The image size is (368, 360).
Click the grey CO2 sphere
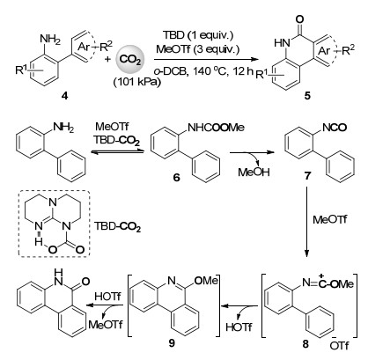coord(129,60)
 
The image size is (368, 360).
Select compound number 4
coord(65,95)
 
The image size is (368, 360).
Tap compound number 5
coord(307,95)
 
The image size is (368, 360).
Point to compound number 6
coord(176,178)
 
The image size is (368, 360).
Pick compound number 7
coord(307,176)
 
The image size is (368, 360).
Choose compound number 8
coord(305,343)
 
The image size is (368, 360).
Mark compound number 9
coord(172,342)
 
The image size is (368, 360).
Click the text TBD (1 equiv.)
coord(198,35)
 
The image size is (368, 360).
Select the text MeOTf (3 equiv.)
coord(198,48)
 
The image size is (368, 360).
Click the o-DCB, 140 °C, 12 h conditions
coord(203,71)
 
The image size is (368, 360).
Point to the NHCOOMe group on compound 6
coord(216,128)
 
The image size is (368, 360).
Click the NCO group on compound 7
coord(335,128)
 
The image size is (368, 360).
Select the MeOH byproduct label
coord(254,172)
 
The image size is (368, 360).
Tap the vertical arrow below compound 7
coord(306,222)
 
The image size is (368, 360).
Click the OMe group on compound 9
coord(206,281)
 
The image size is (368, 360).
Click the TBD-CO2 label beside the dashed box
coord(117,227)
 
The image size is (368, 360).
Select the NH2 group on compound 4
coord(50,39)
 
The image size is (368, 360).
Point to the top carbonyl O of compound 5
coord(299,19)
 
